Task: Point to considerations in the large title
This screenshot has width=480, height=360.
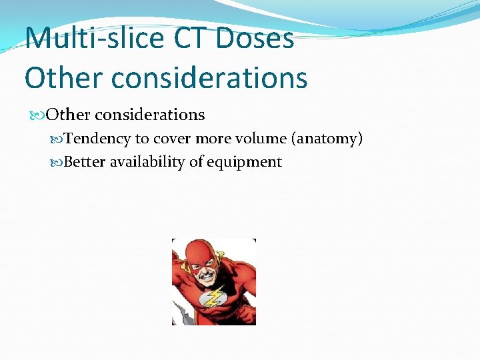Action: pyautogui.click(x=209, y=77)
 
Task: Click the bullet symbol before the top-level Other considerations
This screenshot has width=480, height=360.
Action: pyautogui.click(x=39, y=115)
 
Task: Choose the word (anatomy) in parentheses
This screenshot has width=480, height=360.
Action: pyautogui.click(x=327, y=139)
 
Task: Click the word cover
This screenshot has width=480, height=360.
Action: pyautogui.click(x=171, y=139)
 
